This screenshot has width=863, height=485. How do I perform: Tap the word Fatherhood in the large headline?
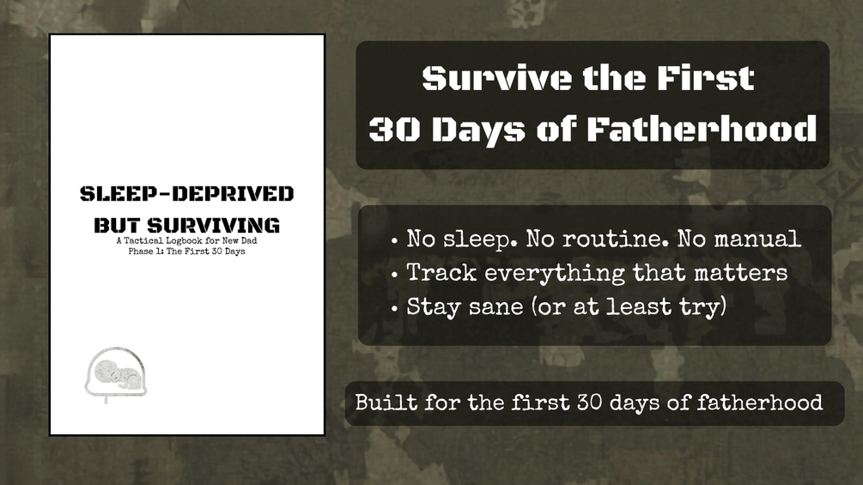pos(702,130)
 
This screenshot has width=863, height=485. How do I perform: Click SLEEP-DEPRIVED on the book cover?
pos(186,193)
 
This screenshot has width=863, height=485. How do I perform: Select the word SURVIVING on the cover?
pos(214,225)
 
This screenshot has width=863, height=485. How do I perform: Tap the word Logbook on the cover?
pos(185,241)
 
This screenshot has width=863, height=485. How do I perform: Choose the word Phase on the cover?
pos(140,252)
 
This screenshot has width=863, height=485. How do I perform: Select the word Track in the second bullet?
pos(441,273)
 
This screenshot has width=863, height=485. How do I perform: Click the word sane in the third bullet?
pos(495,307)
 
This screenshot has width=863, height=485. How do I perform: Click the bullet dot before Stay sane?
pos(394,308)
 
